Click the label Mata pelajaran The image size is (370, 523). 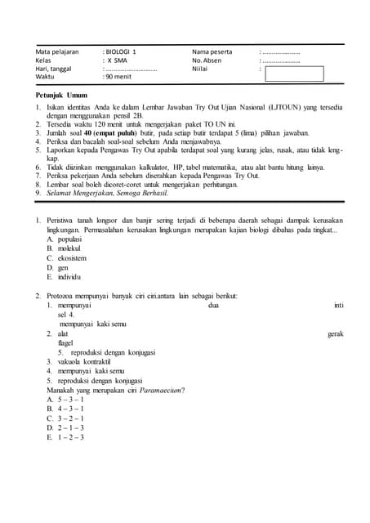coord(57,51)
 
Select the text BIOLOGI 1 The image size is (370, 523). coord(122,51)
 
